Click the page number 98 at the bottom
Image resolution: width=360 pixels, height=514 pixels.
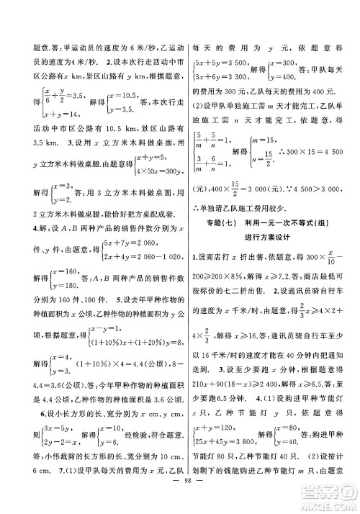(x=180, y=499)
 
